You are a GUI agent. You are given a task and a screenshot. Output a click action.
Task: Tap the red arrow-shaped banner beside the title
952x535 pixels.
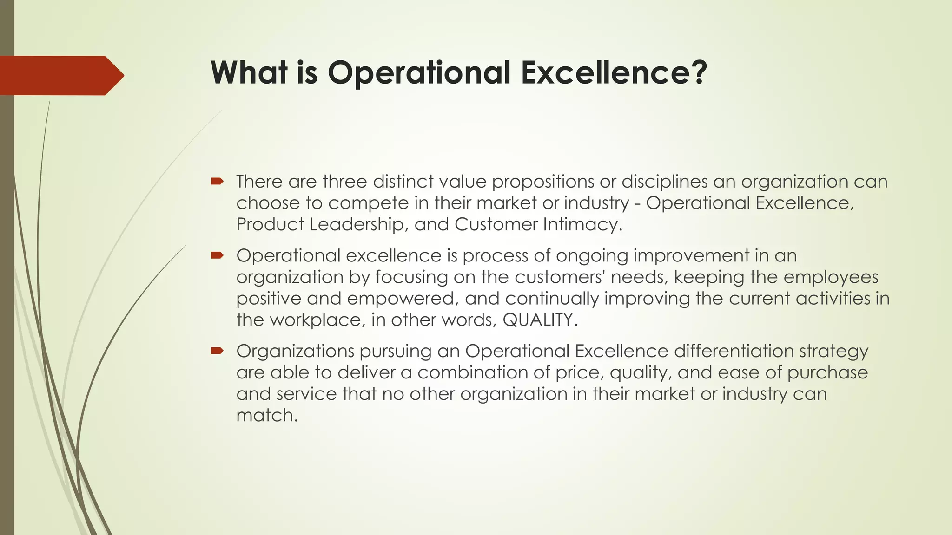click(60, 75)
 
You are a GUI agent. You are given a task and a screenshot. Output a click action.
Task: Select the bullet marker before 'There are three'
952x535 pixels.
click(217, 181)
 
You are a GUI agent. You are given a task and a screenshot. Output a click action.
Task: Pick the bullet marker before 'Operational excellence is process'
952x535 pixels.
click(217, 255)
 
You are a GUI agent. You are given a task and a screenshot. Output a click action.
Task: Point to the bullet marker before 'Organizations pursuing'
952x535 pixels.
click(217, 351)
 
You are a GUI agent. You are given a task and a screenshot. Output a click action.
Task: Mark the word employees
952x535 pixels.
click(831, 277)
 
